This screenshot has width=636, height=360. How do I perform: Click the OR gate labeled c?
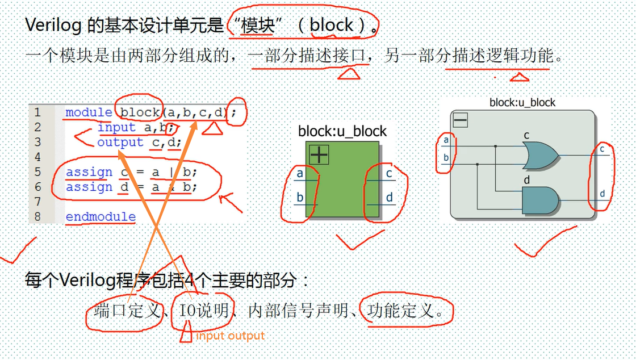[x=540, y=155]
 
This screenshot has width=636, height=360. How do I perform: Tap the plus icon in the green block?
[x=319, y=154]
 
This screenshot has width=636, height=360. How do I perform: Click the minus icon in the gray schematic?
[x=460, y=120]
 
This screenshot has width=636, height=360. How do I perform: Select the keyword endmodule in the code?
[x=101, y=216]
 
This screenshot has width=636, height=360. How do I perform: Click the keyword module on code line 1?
[x=89, y=112]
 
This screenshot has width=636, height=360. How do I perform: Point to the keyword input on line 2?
[x=116, y=127]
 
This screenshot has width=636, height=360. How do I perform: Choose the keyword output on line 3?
[x=120, y=142]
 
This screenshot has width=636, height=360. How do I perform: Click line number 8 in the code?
[x=37, y=216]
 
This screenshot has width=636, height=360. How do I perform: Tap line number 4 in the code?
[x=37, y=157]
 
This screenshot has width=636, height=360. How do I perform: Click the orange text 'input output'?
[x=231, y=336]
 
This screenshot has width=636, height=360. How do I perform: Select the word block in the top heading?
[x=332, y=25]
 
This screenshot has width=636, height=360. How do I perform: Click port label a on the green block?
[x=300, y=174]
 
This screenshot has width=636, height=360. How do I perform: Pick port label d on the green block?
[x=390, y=198]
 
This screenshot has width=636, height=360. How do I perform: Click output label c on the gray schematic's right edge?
[x=602, y=149]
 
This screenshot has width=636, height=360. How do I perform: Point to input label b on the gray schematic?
[x=446, y=158]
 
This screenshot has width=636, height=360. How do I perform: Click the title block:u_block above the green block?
[x=342, y=131]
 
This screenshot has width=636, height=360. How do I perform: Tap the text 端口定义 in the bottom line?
[x=127, y=311]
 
